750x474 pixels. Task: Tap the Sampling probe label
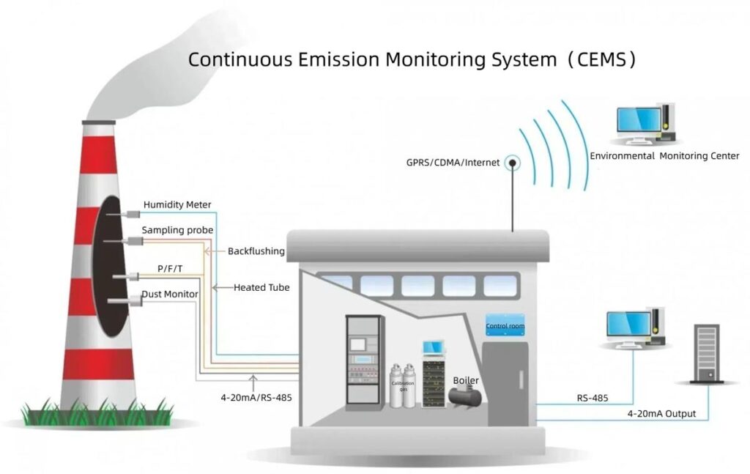pyautogui.click(x=177, y=230)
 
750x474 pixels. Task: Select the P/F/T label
pyautogui.click(x=170, y=269)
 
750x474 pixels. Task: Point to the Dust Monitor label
pyautogui.click(x=170, y=294)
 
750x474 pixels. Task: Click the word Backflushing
pyautogui.click(x=256, y=251)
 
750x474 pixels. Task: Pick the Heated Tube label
pyautogui.click(x=261, y=288)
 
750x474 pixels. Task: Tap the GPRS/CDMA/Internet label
pyautogui.click(x=453, y=162)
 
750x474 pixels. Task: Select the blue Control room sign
pyautogui.click(x=505, y=326)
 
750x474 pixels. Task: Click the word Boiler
pyautogui.click(x=466, y=380)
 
